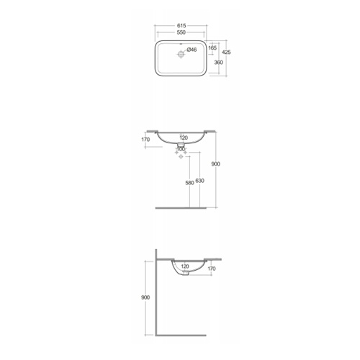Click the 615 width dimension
(181, 25)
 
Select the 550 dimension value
(181, 32)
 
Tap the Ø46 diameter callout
(192, 50)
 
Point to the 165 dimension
(212, 48)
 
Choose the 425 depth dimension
(226, 52)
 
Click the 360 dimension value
(218, 63)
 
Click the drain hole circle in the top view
(181, 54)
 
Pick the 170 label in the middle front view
(145, 140)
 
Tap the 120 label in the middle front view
(184, 138)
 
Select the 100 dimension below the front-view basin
(181, 149)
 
